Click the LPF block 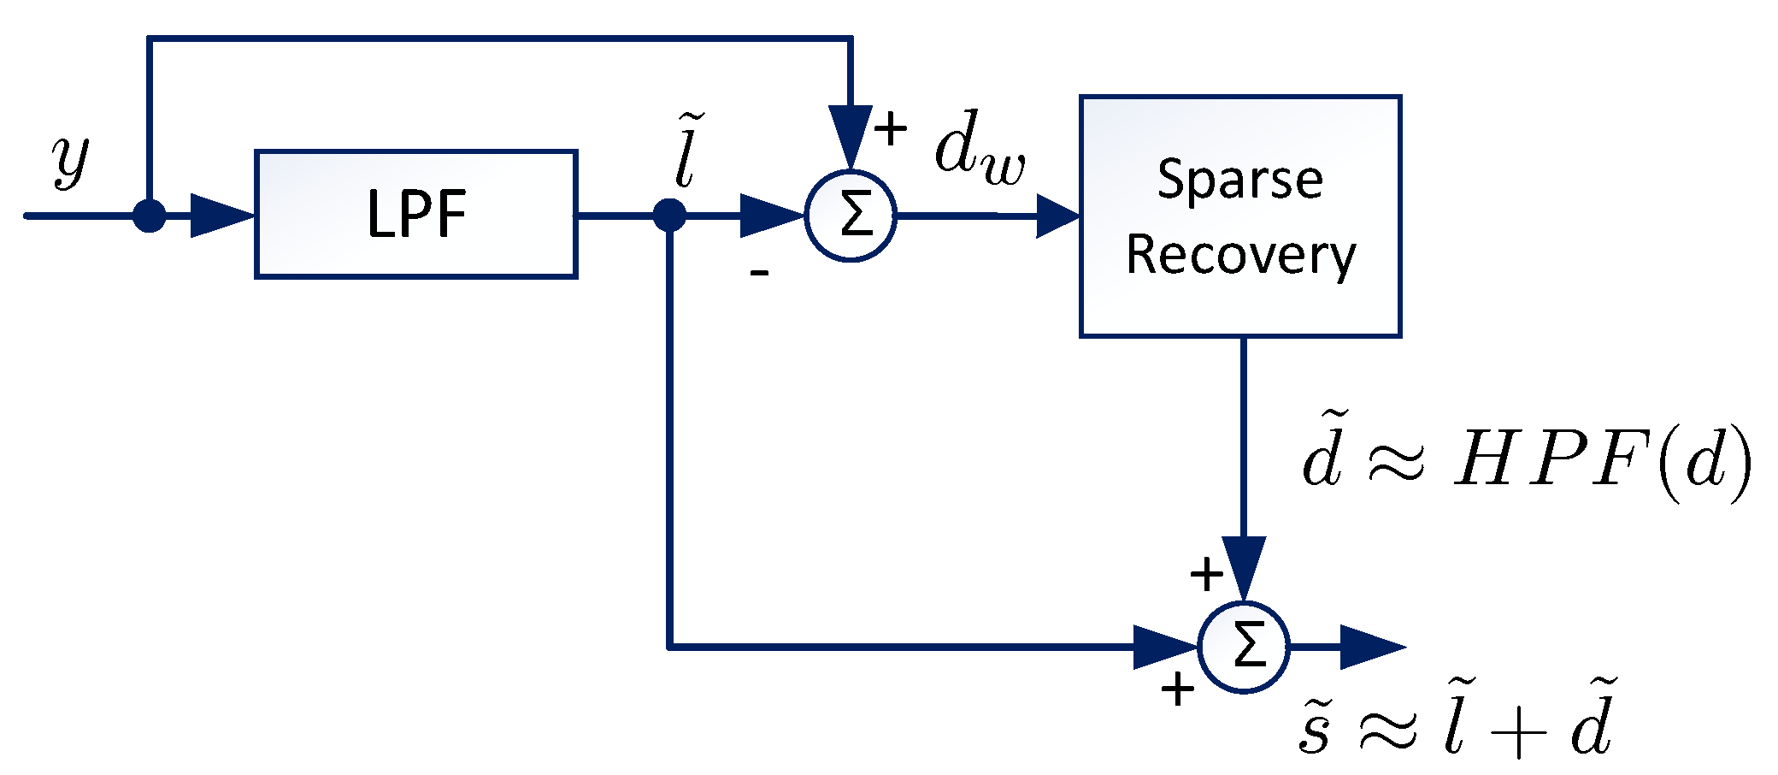pyautogui.click(x=416, y=214)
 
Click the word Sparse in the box pyautogui.click(x=1239, y=179)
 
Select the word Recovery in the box pyautogui.click(x=1240, y=255)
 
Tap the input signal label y pyautogui.click(x=70, y=160)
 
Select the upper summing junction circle pyautogui.click(x=851, y=216)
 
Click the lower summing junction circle pyautogui.click(x=1244, y=647)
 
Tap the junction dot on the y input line pyautogui.click(x=150, y=216)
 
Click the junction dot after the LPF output pyautogui.click(x=669, y=216)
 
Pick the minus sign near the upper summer pyautogui.click(x=759, y=273)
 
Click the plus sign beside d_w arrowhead pyautogui.click(x=891, y=129)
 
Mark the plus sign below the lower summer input pyautogui.click(x=1177, y=689)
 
